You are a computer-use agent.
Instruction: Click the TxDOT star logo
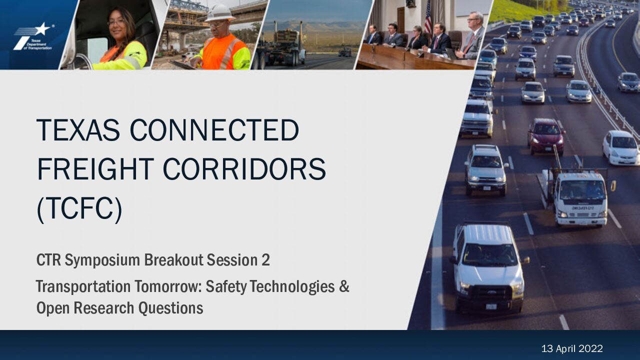[33, 37]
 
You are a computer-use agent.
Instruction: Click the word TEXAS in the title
[78, 130]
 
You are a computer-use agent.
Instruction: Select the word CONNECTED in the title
[214, 130]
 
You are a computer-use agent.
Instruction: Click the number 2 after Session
[265, 260]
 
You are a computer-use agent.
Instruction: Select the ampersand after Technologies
[344, 286]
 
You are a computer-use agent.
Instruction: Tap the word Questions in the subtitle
[170, 308]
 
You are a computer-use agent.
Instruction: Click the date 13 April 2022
[572, 348]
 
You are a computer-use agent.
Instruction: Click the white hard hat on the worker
[219, 13]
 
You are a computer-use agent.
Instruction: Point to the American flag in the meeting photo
[427, 18]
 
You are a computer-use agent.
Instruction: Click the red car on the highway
[546, 136]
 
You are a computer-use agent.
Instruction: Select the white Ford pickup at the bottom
[489, 268]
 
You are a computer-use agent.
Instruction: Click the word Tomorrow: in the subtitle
[168, 286]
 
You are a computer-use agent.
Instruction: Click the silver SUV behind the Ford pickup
[485, 169]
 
